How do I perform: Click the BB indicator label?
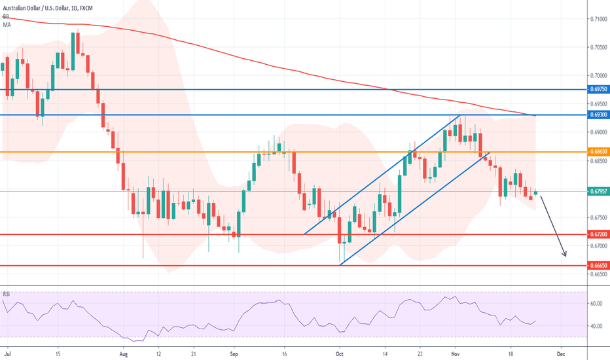[6, 16]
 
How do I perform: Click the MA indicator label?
[7, 24]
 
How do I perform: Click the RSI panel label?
[7, 294]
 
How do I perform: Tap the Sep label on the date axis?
[233, 352]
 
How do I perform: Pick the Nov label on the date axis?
[456, 352]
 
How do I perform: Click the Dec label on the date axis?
[560, 352]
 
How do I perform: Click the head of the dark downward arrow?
[565, 255]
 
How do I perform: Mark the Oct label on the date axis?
[339, 352]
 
